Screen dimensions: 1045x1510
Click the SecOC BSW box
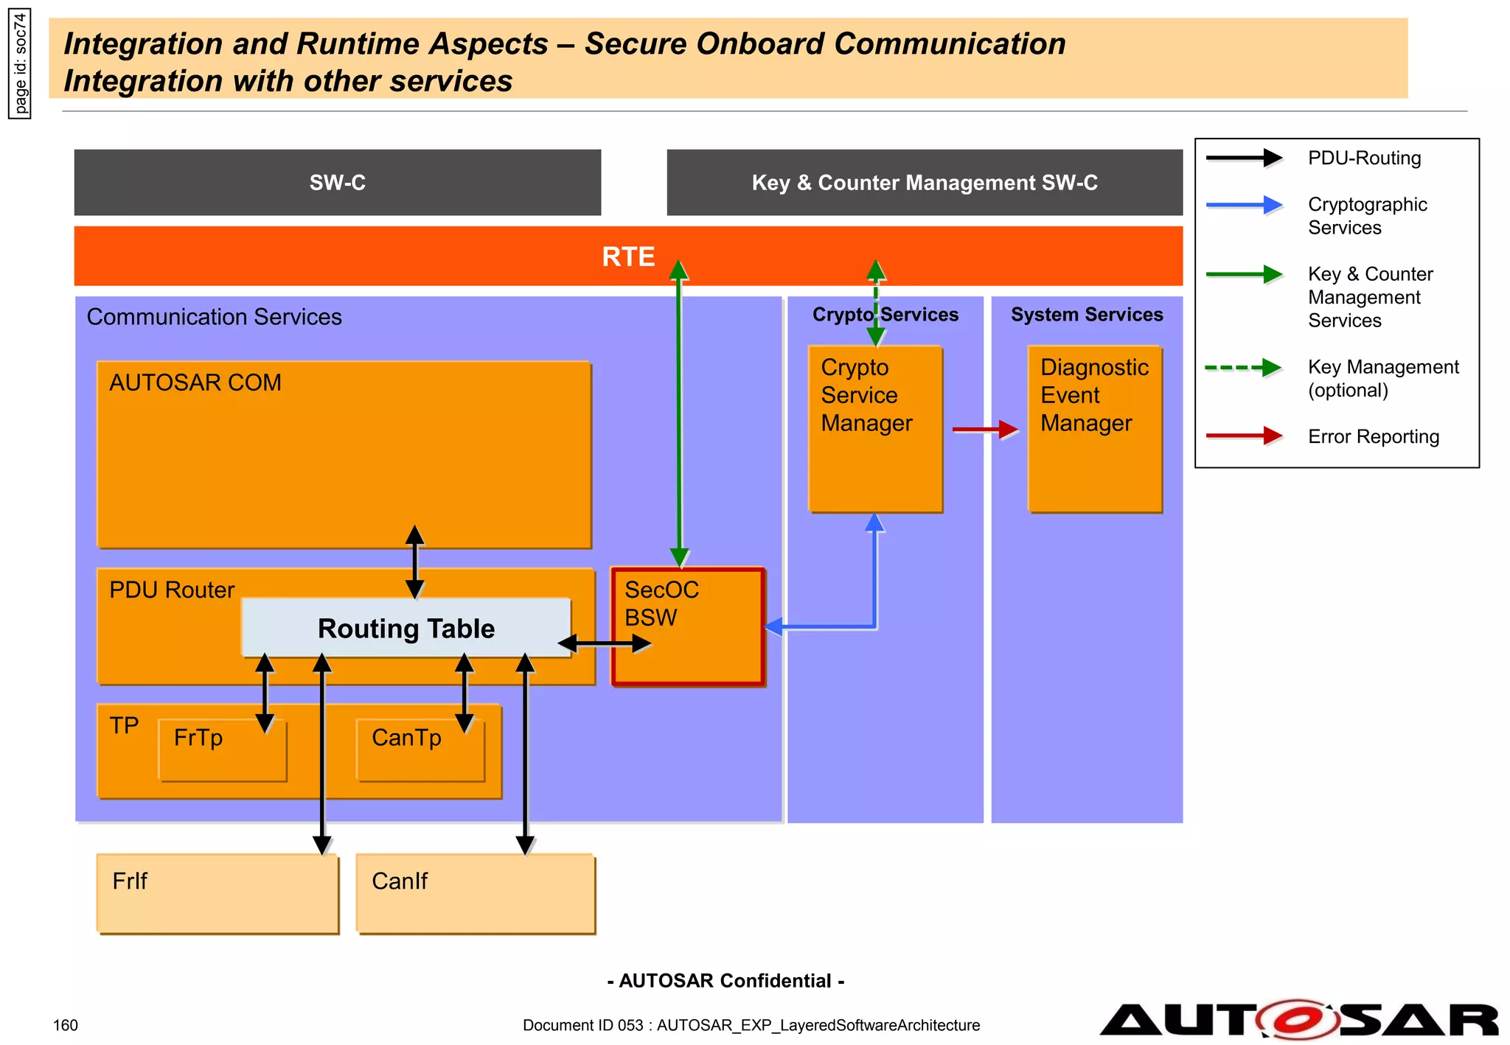tap(687, 626)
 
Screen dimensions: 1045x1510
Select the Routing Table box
tap(406, 628)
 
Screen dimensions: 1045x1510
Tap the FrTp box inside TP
tap(221, 750)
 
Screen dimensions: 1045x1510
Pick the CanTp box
tap(419, 750)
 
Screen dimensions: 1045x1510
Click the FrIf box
tap(218, 893)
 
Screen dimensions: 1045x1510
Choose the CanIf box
tap(476, 893)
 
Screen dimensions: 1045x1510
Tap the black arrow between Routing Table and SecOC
tap(605, 644)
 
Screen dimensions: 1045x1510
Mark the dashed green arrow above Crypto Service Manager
tap(875, 302)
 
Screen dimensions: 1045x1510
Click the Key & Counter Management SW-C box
tap(925, 183)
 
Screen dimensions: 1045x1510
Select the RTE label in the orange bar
tap(628, 256)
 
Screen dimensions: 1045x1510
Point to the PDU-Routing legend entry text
tap(1364, 158)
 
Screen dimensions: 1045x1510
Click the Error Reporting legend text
tap(1373, 436)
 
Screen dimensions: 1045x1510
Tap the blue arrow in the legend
tap(1245, 205)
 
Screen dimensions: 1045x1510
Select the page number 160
tap(66, 1025)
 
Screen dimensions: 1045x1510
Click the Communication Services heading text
tap(214, 317)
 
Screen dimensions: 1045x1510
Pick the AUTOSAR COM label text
tap(195, 382)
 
